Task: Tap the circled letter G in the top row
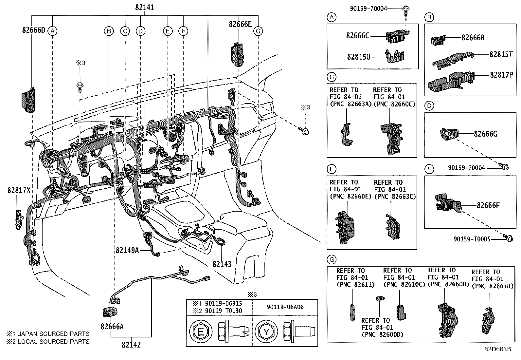(x=258, y=31)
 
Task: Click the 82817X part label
(x=19, y=190)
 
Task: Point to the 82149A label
(x=127, y=250)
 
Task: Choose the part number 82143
(x=222, y=264)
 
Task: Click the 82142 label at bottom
(x=131, y=345)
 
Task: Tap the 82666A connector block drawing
(x=111, y=313)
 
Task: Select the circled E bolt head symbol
(x=201, y=332)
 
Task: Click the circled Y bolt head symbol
(x=266, y=332)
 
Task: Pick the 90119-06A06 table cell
(x=285, y=307)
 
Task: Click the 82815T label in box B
(x=501, y=55)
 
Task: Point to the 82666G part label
(x=485, y=134)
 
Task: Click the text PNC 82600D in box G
(x=382, y=334)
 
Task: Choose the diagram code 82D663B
(x=497, y=349)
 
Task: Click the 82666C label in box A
(x=358, y=35)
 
